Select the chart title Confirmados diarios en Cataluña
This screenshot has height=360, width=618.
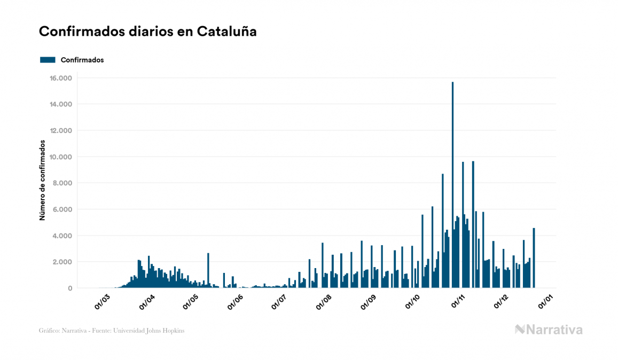click(x=148, y=32)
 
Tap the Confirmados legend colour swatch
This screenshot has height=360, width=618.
click(x=48, y=60)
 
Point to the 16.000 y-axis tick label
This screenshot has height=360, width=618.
click(x=60, y=78)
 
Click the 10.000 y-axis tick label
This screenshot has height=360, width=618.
click(x=60, y=157)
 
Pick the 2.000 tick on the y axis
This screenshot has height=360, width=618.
click(x=62, y=262)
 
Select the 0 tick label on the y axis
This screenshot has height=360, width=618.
click(x=69, y=288)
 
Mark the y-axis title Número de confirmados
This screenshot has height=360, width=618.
click(x=42, y=180)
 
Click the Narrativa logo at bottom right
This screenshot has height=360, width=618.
click(x=549, y=330)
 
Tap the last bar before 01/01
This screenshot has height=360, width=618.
click(x=534, y=259)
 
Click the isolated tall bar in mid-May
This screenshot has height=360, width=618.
click(x=208, y=271)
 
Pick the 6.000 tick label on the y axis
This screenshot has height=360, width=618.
click(x=62, y=209)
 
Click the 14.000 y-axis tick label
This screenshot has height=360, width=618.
click(x=60, y=104)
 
